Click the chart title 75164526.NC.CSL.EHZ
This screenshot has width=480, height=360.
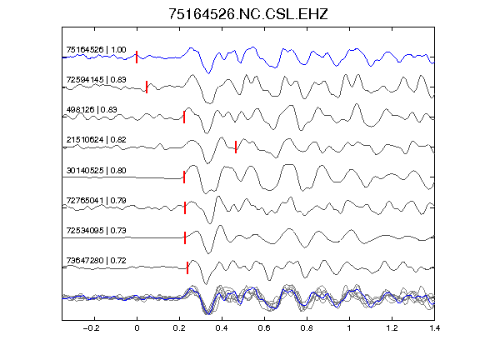tap(248, 14)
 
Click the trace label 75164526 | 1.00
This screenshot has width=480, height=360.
tap(96, 50)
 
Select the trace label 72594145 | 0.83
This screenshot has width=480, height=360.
tap(96, 80)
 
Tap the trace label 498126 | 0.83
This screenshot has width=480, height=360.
tap(92, 110)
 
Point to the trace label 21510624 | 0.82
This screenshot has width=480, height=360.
tap(96, 140)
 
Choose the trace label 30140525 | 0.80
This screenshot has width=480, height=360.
tap(96, 170)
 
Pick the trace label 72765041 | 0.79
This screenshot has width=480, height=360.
tap(96, 201)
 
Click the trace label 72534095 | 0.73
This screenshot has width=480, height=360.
tap(96, 230)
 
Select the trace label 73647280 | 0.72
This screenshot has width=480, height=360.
tap(96, 261)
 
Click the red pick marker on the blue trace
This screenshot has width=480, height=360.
tap(137, 57)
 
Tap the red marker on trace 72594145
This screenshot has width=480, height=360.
tap(147, 87)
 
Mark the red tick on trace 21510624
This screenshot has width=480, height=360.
tap(236, 147)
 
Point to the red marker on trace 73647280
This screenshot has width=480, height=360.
tap(187, 267)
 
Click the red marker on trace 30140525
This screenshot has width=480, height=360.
tap(184, 177)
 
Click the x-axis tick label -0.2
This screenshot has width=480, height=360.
tap(91, 328)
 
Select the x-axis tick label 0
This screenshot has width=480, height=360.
tap(137, 328)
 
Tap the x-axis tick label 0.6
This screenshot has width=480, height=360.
tap(264, 328)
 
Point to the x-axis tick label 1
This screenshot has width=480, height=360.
tap(349, 328)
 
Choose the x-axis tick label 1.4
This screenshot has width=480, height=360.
tap(434, 328)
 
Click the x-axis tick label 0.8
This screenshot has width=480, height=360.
tap(307, 328)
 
